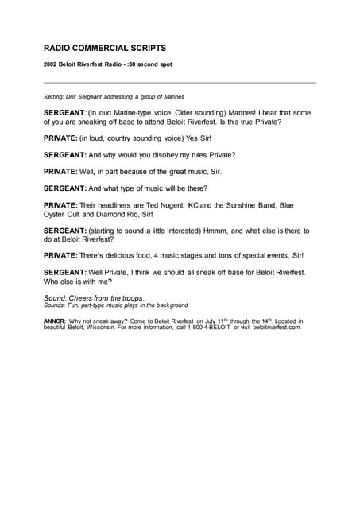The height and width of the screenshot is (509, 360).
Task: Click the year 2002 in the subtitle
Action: point(51,64)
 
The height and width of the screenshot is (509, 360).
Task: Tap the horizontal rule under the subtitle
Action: point(180,82)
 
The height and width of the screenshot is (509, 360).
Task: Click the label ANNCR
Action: point(55,321)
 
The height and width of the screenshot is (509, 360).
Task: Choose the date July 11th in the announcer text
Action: point(196,321)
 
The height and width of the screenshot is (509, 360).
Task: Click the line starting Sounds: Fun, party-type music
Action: point(116,305)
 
